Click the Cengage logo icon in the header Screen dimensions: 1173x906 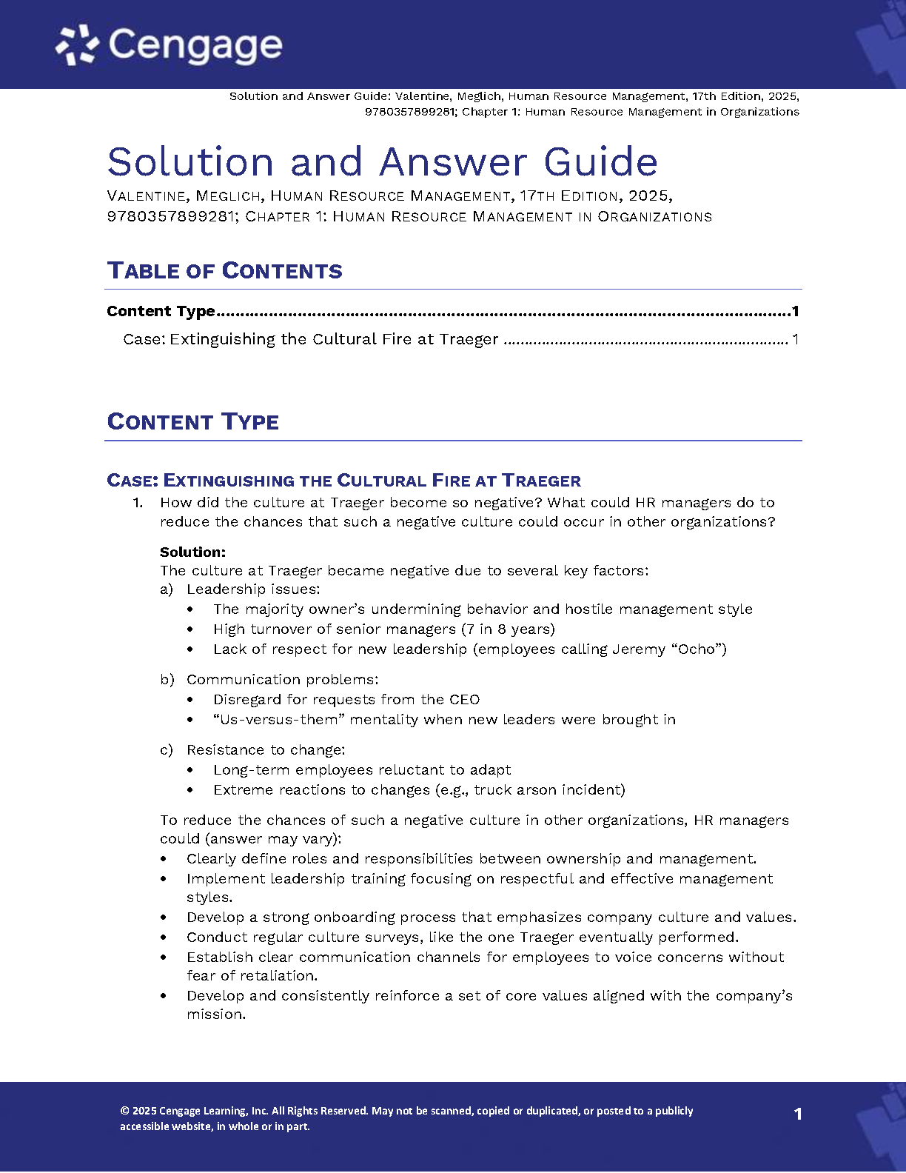[77, 44]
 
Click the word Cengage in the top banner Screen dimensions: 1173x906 [195, 46]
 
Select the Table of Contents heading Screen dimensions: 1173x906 [224, 270]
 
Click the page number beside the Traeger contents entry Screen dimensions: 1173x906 [795, 339]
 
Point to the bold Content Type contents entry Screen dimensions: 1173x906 [161, 311]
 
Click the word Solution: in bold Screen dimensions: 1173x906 [192, 552]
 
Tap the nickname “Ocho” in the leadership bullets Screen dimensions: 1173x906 [698, 649]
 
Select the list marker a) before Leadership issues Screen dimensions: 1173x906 [167, 589]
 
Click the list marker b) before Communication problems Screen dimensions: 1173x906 [167, 679]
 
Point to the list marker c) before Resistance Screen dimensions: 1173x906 [167, 749]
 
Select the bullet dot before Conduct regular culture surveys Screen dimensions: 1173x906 [164, 938]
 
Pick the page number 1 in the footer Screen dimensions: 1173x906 [798, 1114]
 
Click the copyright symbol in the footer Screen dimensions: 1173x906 [124, 1111]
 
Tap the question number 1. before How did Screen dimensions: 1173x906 [138, 502]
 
